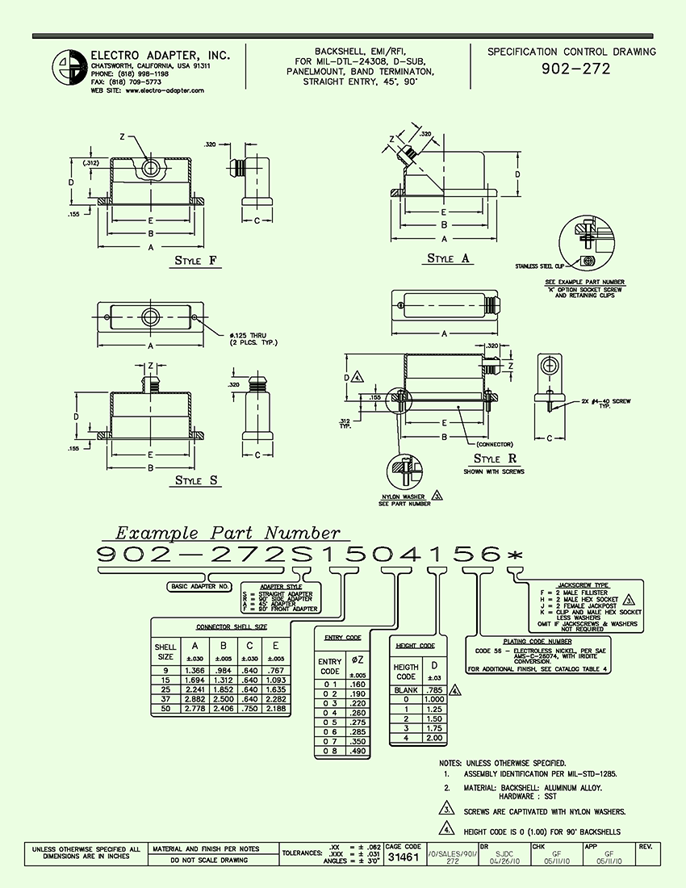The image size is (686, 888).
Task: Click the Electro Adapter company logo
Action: tap(68, 66)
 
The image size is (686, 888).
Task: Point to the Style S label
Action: tap(198, 481)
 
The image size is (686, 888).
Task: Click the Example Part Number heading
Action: tap(228, 533)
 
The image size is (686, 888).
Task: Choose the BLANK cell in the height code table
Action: tap(405, 691)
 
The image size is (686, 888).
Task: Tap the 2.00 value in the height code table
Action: tap(436, 738)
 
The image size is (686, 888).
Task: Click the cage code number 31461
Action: tap(404, 857)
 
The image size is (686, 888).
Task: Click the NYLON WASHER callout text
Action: tap(404, 496)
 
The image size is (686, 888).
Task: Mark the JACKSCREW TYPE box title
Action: tap(583, 585)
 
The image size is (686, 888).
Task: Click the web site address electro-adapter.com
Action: tap(165, 91)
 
